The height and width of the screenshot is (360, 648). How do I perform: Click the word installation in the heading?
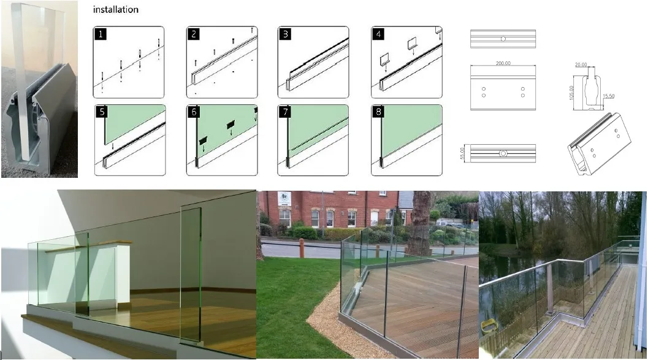click(115, 10)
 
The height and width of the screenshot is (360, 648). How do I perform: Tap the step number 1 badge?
click(100, 34)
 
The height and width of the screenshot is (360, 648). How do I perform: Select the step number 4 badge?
click(378, 34)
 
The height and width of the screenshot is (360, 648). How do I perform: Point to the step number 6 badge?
click(193, 112)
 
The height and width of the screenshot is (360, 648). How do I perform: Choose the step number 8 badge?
click(378, 112)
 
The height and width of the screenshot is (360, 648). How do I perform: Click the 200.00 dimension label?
click(503, 63)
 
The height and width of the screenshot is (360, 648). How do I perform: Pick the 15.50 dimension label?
click(608, 96)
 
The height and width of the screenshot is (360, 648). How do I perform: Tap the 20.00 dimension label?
click(581, 64)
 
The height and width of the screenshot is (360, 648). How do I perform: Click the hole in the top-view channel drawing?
click(503, 39)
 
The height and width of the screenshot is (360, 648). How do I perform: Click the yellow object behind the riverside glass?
click(489, 324)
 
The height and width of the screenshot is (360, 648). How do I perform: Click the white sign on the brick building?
click(285, 199)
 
